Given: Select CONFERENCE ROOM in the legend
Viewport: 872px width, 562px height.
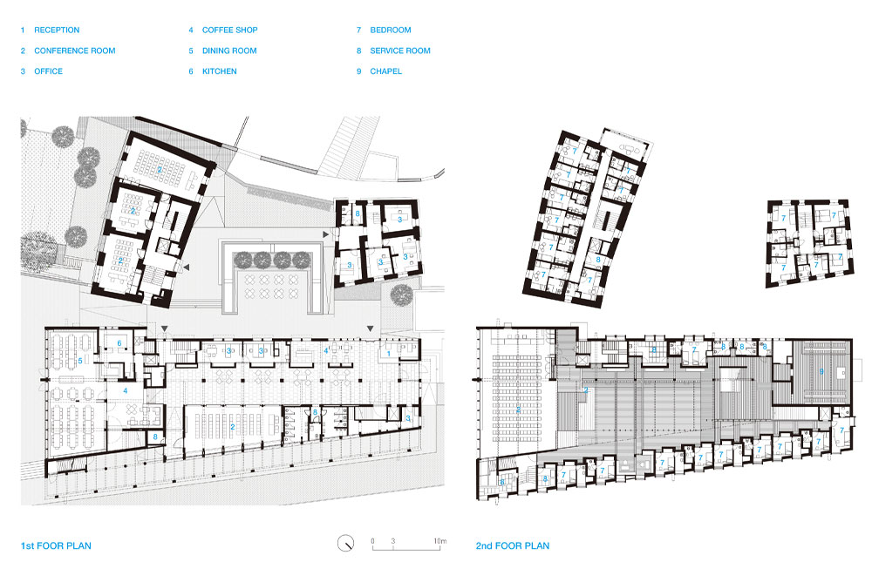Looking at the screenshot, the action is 74,51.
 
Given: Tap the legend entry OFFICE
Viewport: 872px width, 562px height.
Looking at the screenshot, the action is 48,71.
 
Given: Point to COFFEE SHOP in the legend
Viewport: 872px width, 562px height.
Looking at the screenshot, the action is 229,30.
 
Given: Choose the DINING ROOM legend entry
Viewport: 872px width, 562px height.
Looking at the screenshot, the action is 229,51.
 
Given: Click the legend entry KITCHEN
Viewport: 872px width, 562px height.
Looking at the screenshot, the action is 219,71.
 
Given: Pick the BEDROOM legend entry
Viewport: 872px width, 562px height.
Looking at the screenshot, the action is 390,30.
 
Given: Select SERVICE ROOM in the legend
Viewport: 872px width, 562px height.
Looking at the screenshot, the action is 399,51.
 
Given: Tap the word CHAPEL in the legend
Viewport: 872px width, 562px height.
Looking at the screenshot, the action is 385,71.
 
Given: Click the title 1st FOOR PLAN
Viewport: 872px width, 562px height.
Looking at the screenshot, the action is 56,546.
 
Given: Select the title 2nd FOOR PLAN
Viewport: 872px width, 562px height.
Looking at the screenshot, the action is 512,546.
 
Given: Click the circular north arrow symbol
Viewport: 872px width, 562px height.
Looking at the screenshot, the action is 346,543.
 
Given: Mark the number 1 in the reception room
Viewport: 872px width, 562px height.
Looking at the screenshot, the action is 387,354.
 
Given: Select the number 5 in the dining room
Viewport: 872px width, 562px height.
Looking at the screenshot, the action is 80,360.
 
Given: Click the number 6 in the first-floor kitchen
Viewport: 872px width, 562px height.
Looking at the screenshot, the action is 119,344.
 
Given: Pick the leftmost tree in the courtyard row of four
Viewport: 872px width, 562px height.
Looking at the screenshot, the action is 242,259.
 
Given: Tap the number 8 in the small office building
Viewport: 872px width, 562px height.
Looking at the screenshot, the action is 358,213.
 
